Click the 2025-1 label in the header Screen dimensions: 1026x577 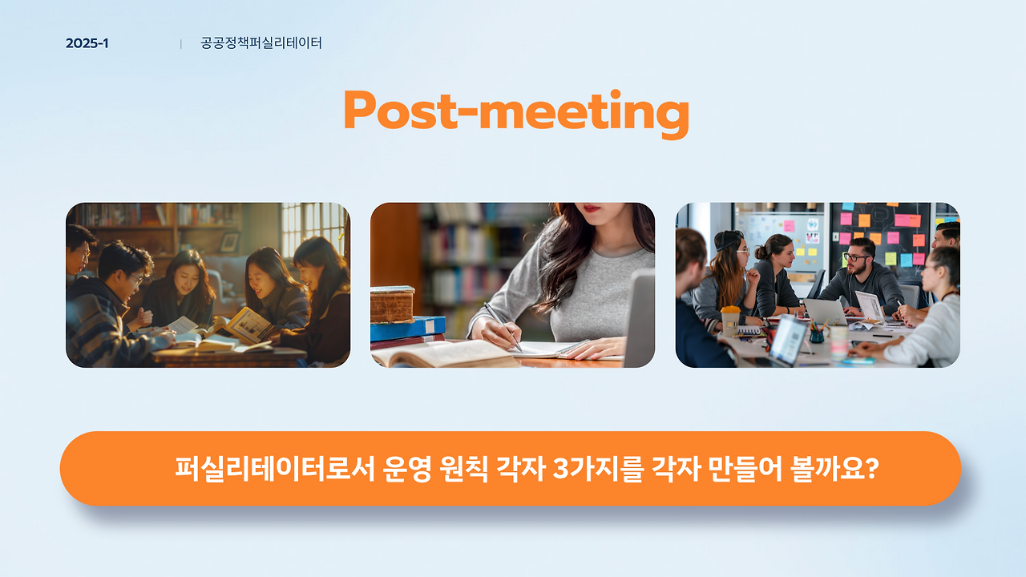87,43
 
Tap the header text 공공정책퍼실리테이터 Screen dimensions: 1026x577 261,43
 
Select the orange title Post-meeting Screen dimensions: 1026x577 516,113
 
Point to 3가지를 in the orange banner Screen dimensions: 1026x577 598,469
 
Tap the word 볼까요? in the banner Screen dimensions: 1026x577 834,469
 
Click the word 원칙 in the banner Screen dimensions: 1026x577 463,469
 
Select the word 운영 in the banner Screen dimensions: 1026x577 406,469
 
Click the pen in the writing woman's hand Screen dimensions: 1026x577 503,325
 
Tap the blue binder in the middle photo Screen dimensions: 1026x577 408,329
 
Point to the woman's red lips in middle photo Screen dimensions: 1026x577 592,208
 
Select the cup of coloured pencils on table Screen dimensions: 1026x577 817,332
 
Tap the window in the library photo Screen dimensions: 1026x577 313,227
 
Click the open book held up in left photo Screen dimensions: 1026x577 248,325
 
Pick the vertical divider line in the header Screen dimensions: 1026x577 181,44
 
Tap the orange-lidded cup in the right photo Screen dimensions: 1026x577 730,321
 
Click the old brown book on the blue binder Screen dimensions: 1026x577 392,304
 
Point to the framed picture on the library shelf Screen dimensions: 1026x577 229,242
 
